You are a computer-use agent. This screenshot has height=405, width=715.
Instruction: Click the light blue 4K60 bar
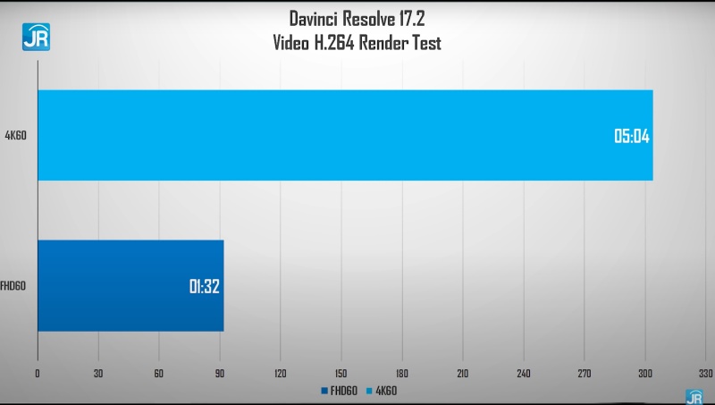pyautogui.click(x=344, y=135)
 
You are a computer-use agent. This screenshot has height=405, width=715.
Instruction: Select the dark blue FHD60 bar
pyautogui.click(x=130, y=285)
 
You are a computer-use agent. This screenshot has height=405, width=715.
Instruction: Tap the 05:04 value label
pyautogui.click(x=631, y=137)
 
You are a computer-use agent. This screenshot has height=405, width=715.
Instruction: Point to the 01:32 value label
pyautogui.click(x=204, y=287)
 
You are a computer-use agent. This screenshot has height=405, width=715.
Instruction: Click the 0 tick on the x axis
pyautogui.click(x=38, y=373)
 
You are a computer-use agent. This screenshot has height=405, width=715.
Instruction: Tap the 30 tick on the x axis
pyautogui.click(x=98, y=373)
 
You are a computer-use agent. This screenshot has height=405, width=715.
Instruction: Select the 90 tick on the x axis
pyautogui.click(x=220, y=373)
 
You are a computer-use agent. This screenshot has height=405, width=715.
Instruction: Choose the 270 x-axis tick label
pyautogui.click(x=585, y=373)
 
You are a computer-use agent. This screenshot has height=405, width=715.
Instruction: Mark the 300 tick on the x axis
pyautogui.click(x=645, y=373)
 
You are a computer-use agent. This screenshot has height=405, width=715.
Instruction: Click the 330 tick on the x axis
pyautogui.click(x=706, y=373)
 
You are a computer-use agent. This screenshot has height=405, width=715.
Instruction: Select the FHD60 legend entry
pyautogui.click(x=340, y=391)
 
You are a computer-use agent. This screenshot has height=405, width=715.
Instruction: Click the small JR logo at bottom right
pyautogui.click(x=694, y=396)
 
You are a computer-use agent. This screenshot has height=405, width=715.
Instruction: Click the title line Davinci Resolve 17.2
pyautogui.click(x=357, y=18)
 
